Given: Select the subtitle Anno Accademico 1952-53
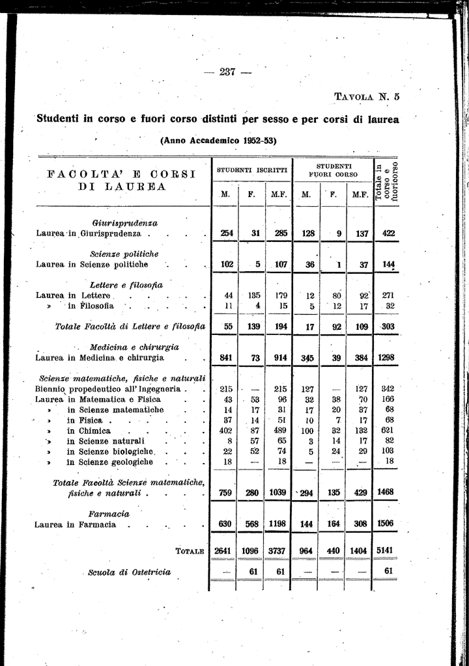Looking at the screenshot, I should [x=218, y=140].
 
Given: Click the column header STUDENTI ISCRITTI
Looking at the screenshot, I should [x=251, y=170].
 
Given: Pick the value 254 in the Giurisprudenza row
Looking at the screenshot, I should [x=227, y=233].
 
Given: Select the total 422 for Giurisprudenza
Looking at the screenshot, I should [x=389, y=233].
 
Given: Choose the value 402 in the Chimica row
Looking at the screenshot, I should [x=226, y=431].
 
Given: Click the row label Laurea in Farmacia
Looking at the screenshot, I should [x=78, y=524].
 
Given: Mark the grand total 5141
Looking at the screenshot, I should [x=389, y=550].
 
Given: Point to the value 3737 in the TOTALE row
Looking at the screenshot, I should [x=278, y=550].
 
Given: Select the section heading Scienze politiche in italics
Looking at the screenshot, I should [x=124, y=254].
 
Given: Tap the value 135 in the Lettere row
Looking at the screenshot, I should [x=253, y=295].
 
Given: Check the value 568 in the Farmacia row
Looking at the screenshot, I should [x=253, y=524].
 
